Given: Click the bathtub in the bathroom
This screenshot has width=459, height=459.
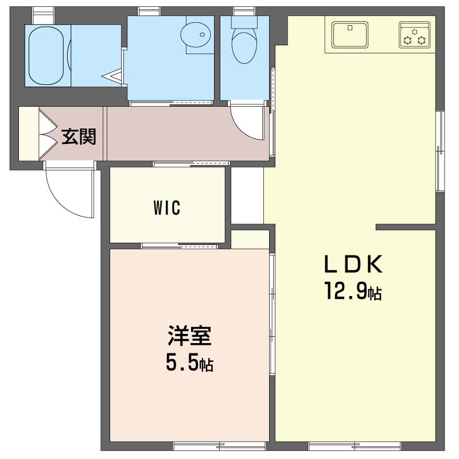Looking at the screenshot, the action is point(46,56).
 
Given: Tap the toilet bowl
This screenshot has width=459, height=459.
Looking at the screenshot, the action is point(244,48).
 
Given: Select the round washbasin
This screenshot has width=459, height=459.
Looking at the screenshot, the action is point(196,35).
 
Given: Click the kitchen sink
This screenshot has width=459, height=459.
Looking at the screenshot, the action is point(350,35).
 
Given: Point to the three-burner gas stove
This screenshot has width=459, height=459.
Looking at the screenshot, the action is point(414,35).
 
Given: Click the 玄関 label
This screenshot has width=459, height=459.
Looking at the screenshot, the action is point(79,137).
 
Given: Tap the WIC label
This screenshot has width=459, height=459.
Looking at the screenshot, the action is point(167,208).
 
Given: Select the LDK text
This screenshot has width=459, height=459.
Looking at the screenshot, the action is point(353,264).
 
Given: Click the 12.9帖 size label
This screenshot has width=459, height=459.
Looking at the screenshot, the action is point(353,291).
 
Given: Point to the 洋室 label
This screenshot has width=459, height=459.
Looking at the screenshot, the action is point(189,336).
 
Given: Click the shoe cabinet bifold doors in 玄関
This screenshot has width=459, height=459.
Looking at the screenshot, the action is point(48,134).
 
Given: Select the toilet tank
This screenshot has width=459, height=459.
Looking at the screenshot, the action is point(244,22).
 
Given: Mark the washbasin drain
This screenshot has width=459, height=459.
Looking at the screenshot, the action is point(203,34).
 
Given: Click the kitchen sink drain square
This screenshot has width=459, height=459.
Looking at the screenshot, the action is point(350,28).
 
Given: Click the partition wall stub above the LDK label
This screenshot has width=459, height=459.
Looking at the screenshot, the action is point(406,227).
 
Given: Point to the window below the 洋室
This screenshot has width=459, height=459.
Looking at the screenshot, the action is point(220,446).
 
